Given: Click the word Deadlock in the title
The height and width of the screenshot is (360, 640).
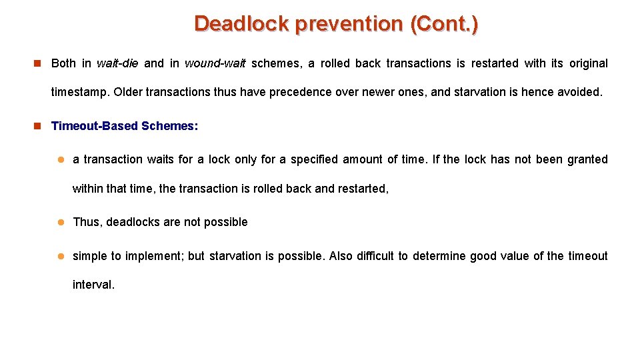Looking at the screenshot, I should pos(241,24).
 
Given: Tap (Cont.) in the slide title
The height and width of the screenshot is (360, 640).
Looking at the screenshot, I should pos(444,24).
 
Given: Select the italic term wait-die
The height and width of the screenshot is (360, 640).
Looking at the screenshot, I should pos(117,63).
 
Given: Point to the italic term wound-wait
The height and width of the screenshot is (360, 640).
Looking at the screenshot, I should pos(215,63).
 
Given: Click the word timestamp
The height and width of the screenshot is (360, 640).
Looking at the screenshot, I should pos(79,92).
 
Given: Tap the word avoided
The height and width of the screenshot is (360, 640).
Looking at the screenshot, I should pos(578,92).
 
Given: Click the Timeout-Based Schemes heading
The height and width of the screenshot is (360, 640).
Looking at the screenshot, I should pos(124,126).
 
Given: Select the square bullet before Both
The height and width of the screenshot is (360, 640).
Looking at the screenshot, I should pos(38,63).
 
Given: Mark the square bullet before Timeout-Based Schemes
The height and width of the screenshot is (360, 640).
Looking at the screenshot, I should pos(38,126).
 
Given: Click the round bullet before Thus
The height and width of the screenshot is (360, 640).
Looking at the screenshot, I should pos(59,222).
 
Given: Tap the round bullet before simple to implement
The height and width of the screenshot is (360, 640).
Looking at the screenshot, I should pos(59,256).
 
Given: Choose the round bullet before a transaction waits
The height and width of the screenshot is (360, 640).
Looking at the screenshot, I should pos(59,159).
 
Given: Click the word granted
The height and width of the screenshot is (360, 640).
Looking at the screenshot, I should pos(587,159).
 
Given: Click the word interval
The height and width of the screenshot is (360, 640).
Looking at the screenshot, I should pos(93,285).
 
